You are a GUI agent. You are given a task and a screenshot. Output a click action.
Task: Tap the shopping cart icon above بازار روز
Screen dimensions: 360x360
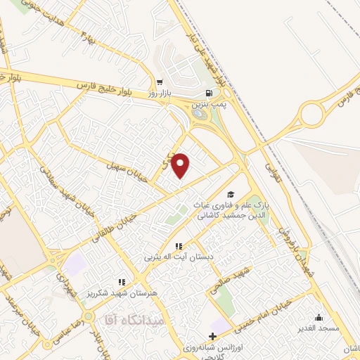click(x=160, y=81)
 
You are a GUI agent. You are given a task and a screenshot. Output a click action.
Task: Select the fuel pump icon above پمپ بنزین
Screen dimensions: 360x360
click(x=208, y=93)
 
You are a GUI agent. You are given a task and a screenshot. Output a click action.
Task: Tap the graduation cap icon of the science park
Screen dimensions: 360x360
click(x=230, y=195)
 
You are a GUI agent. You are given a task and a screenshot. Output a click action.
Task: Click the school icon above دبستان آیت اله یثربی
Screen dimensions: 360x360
click(x=179, y=246)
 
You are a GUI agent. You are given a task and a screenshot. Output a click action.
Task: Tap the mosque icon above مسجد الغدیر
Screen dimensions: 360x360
click(x=319, y=317)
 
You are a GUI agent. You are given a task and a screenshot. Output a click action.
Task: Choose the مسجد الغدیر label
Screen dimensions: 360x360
click(x=319, y=328)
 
